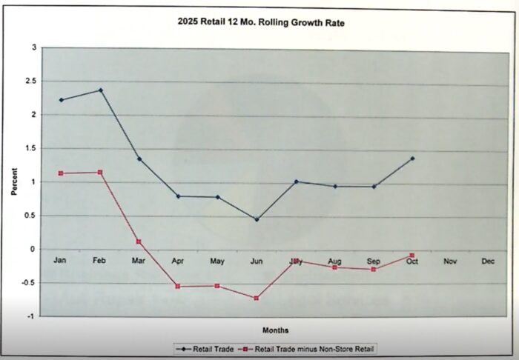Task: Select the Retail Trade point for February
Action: [101, 90]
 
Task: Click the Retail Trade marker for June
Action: [257, 219]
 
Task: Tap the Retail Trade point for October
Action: [412, 159]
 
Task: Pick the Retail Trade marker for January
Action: [62, 100]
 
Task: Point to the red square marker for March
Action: [139, 242]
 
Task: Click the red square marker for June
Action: [257, 298]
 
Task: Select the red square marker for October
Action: [412, 256]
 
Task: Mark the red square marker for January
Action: [62, 173]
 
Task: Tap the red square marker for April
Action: [178, 286]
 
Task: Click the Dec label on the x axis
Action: [488, 261]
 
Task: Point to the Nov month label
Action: [450, 261]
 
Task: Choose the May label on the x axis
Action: [217, 261]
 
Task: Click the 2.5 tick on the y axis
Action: [30, 81]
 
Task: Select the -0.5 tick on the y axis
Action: [29, 282]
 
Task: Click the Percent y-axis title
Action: [13, 181]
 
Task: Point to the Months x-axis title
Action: [275, 330]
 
